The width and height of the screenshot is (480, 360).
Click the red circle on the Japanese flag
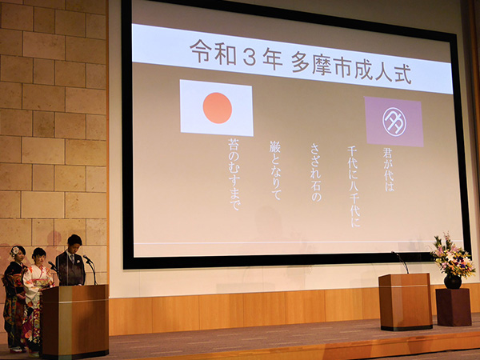[x=218, y=108]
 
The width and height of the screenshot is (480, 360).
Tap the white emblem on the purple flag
[x=394, y=122]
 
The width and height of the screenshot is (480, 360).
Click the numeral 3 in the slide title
[x=250, y=57]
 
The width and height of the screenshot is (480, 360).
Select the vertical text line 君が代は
[x=388, y=170]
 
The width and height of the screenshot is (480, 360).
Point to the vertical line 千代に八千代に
[x=354, y=186]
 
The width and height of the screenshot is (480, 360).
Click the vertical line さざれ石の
[x=316, y=172]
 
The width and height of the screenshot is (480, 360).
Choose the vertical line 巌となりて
[x=275, y=170]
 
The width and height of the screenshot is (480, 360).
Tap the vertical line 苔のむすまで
[x=234, y=174]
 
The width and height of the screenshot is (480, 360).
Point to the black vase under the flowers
[x=453, y=282]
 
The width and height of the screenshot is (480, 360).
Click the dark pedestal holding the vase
[x=454, y=307]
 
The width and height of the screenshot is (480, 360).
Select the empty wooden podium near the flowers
[x=406, y=302]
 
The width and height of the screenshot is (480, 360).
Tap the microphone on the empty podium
[x=401, y=262]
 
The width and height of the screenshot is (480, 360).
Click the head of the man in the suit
[x=74, y=242]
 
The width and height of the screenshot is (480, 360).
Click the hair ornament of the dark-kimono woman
[x=14, y=251]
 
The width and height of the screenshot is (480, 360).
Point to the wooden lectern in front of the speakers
[x=75, y=321]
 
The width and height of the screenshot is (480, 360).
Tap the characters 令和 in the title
[x=213, y=52]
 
